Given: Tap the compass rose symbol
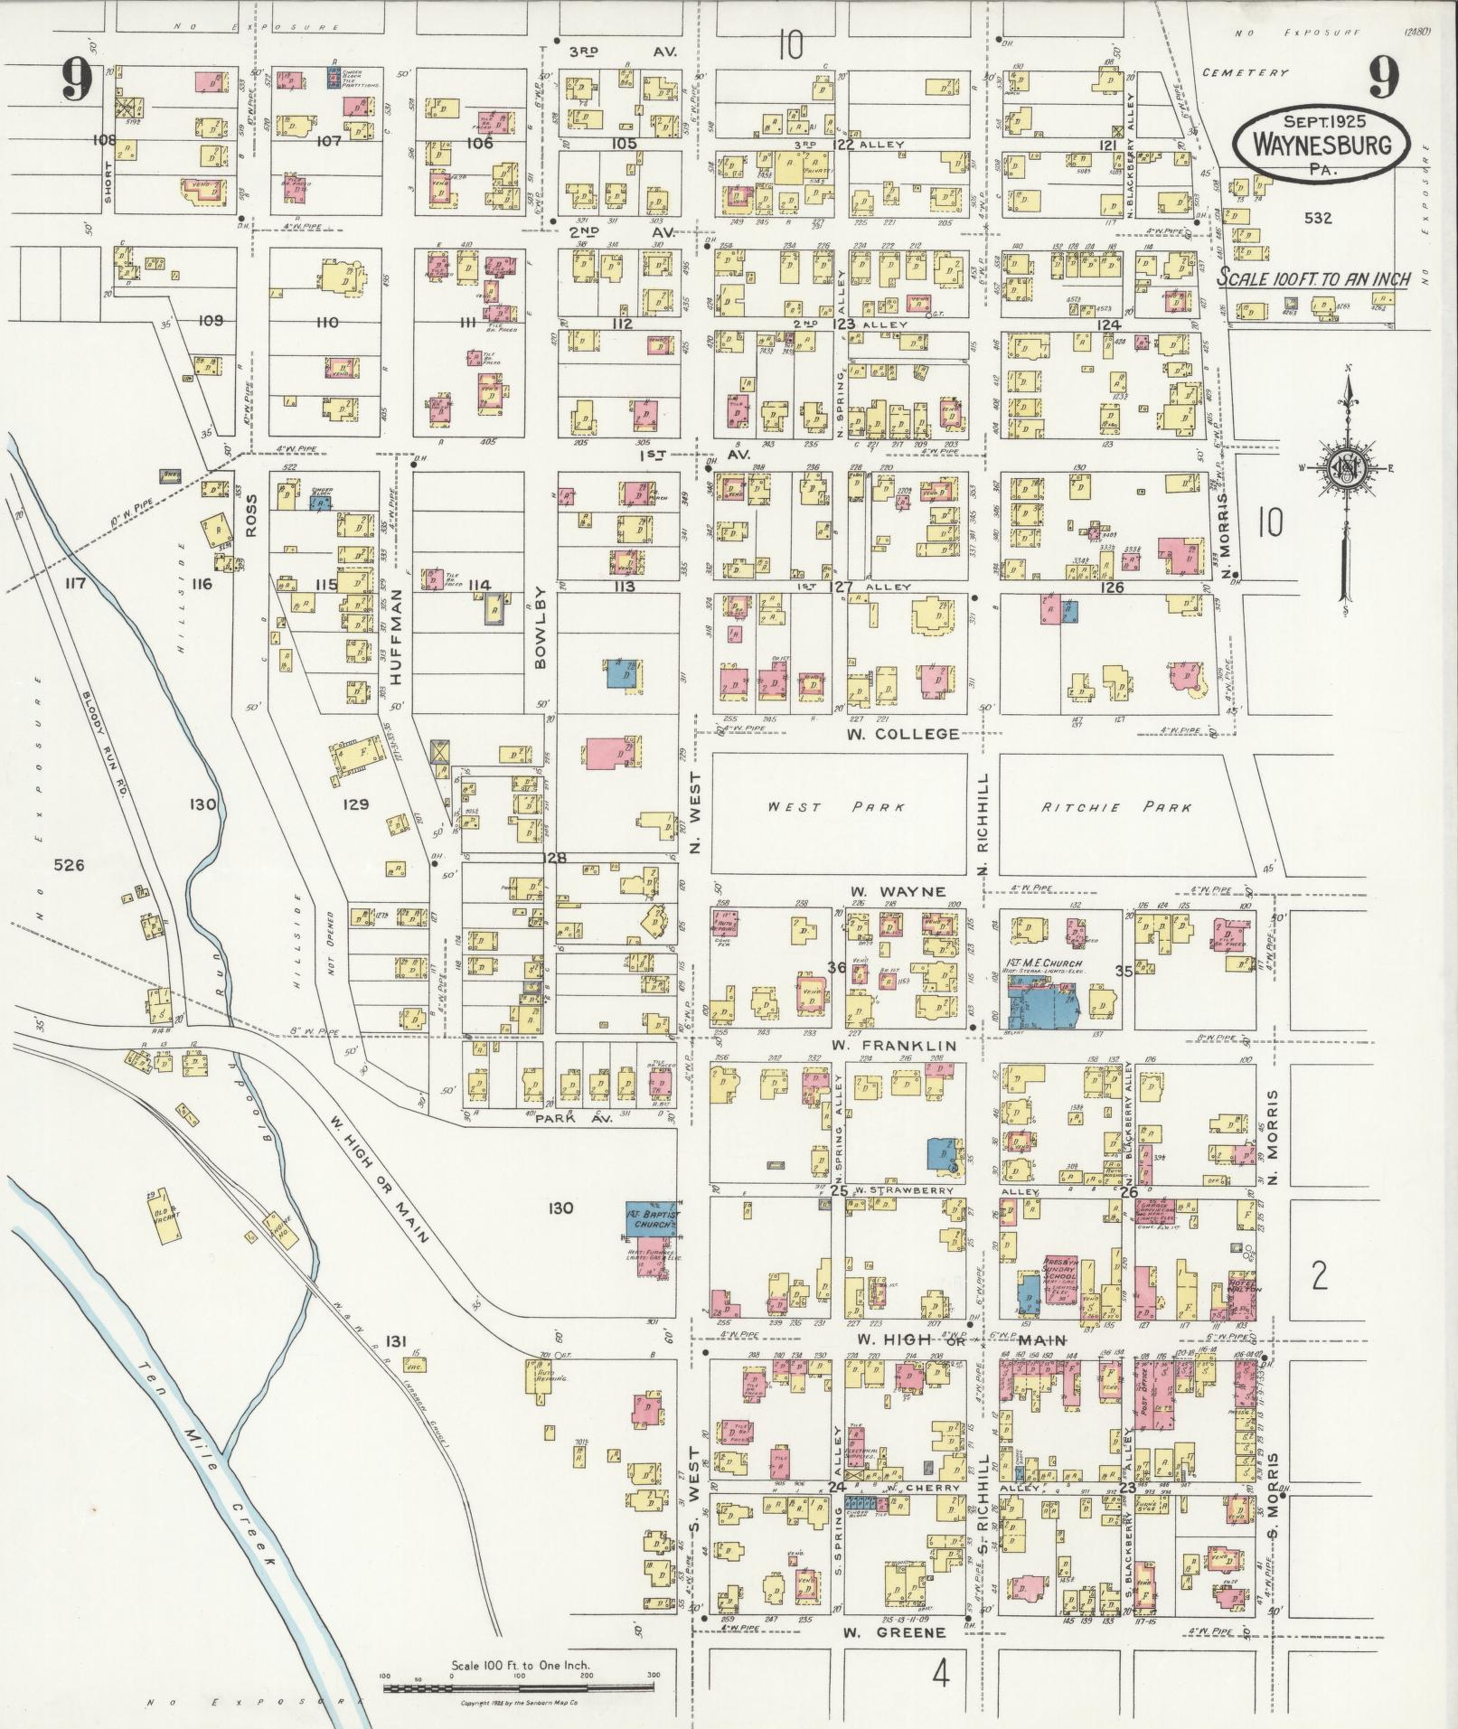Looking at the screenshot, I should click(1346, 466).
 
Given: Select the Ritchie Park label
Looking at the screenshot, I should click(1116, 807).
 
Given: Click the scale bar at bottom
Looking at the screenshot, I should click(520, 1687).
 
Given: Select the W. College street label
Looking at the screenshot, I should click(902, 733).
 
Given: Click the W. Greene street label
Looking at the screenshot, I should click(895, 1632).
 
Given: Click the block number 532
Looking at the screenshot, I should click(1318, 218).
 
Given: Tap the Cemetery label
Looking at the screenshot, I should click(1247, 73).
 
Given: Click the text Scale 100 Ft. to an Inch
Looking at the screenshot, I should click(1312, 278).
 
